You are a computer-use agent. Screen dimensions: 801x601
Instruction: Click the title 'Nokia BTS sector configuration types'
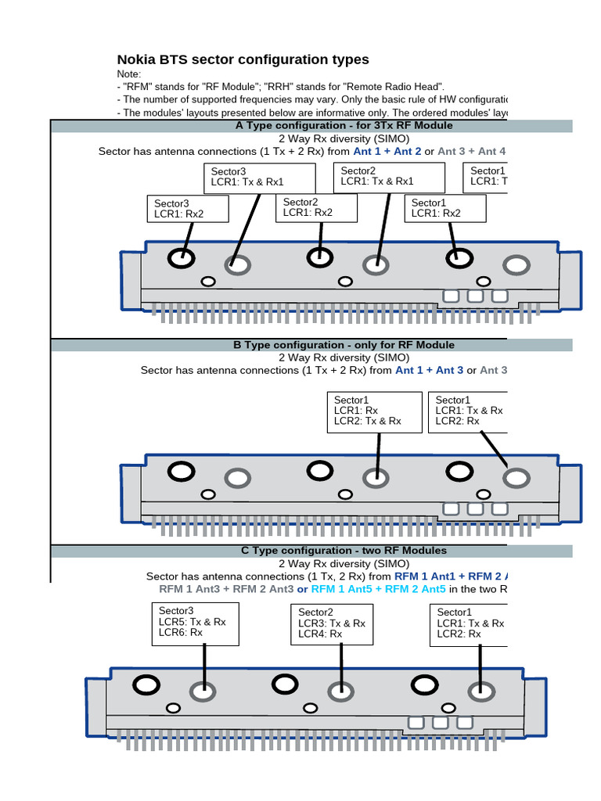pos(243,60)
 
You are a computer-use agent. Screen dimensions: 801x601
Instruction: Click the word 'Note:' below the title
pos(129,74)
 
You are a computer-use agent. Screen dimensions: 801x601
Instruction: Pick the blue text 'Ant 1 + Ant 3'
pos(430,370)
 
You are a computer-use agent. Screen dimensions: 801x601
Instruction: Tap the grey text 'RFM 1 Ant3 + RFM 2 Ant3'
pos(226,589)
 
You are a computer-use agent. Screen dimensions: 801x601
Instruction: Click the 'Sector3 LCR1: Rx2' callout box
pos(187,208)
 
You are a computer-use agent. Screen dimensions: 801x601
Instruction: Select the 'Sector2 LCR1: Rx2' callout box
pos(316,207)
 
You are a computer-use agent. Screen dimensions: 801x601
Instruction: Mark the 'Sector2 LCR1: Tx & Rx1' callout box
pos(389,177)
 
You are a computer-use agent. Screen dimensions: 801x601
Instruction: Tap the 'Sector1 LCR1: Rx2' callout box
pos(447,208)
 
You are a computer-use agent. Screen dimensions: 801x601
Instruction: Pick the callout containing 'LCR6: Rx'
pos(194,623)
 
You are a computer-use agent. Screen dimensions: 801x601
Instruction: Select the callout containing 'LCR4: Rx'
pos(333,623)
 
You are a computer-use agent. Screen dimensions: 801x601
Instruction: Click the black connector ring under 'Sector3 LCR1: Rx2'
pos(182,257)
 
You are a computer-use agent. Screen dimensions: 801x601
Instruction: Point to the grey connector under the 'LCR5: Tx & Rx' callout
pos(203,691)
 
